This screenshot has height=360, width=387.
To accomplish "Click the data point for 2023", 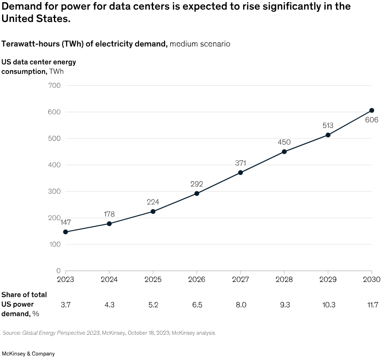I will tap(66, 232).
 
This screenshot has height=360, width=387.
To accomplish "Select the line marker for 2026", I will tap(197, 193).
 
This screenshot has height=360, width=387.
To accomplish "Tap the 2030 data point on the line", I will tap(372, 110).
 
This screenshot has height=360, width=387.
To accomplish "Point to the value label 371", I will tap(241, 163).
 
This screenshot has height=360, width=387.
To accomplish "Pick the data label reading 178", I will tap(109, 214).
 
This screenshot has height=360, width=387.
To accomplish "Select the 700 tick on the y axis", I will tap(55, 86).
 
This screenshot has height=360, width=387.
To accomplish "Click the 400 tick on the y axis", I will tap(55, 165).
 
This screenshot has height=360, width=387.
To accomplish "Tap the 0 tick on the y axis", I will tap(58, 271).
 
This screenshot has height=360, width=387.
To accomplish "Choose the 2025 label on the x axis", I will tap(153, 280).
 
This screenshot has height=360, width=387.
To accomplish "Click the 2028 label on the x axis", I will tap(284, 280).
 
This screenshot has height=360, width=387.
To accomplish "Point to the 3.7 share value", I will tap(66, 304).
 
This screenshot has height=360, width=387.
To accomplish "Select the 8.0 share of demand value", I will tap(241, 304).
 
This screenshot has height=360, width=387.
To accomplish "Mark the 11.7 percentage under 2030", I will tap(372, 304).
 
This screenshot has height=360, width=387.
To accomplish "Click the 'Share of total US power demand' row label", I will tap(24, 304).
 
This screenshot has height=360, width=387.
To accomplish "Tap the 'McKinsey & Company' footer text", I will tap(28, 354).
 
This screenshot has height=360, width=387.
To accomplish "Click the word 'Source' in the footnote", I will tap(12, 333).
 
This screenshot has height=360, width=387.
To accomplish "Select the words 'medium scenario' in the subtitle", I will tap(200, 43).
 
